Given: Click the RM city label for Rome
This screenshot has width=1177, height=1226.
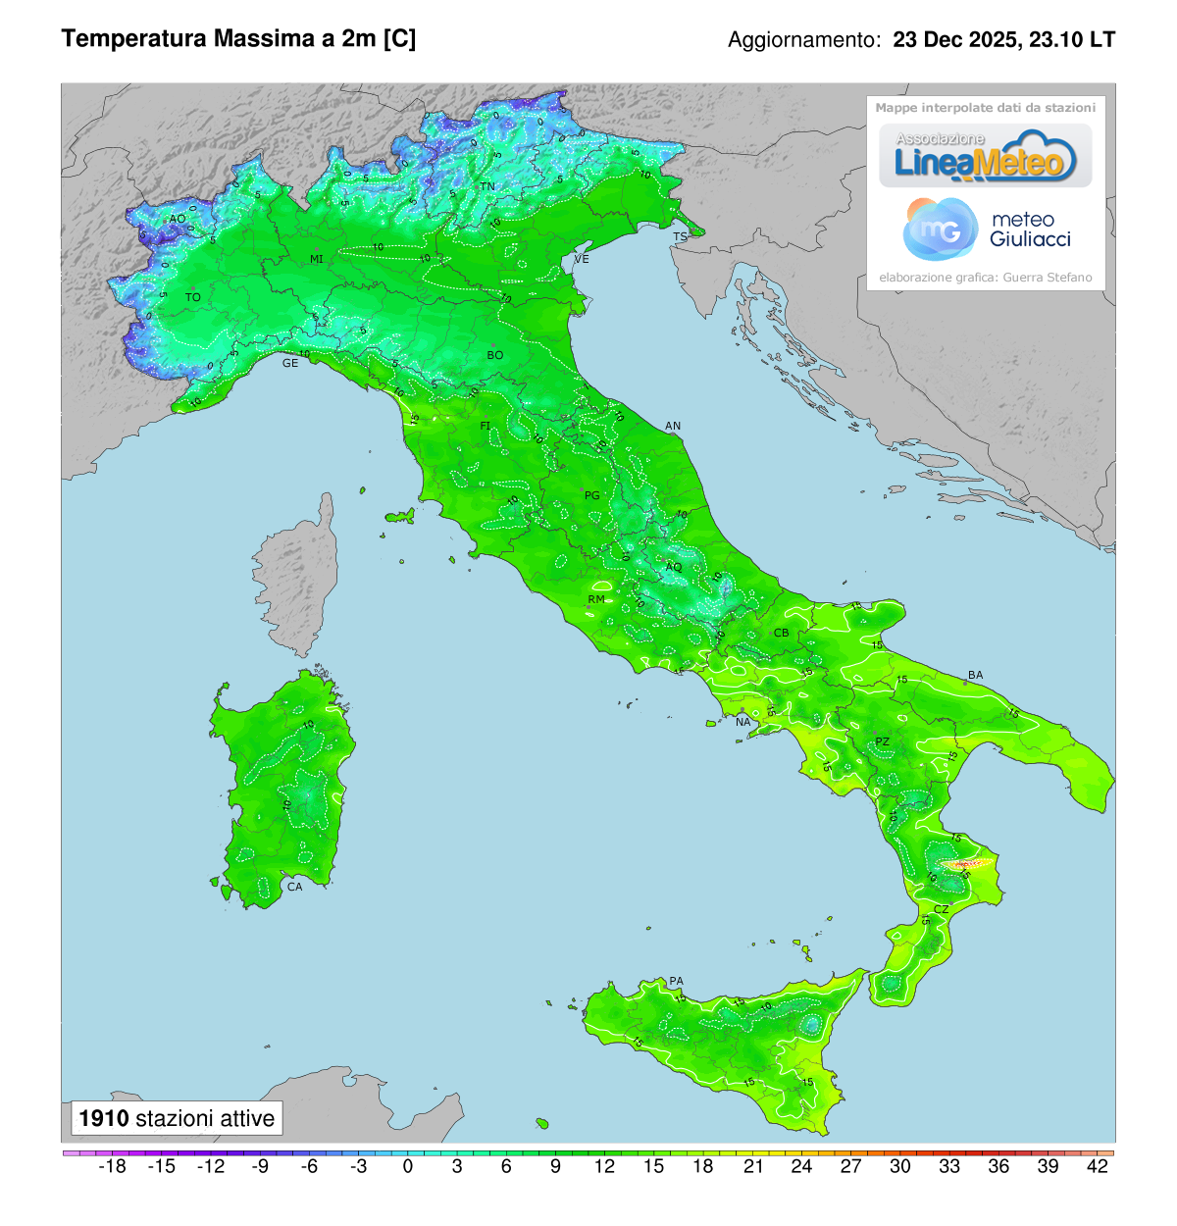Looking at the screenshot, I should point(596,599).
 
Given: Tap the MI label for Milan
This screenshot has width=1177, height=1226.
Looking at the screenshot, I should point(317,260).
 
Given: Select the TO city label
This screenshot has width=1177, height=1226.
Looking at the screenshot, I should point(193,297).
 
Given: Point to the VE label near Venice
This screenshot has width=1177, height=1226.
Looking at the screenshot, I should point(582,260).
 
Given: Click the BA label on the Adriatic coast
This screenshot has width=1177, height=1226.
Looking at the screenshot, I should point(975,676).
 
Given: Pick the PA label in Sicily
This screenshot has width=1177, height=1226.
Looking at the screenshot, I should point(676,982).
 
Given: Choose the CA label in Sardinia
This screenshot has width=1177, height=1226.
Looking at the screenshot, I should point(294,887).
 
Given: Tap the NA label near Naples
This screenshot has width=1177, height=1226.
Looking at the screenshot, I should point(742,723).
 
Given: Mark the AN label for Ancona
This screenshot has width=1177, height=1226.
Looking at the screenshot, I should point(673,427).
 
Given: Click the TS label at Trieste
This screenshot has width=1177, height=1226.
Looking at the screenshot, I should point(680,237).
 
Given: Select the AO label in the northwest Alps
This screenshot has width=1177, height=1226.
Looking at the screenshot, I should point(178,220).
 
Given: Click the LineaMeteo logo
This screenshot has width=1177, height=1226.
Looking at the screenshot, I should point(985,157).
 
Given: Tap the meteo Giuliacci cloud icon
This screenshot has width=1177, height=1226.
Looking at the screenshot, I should point(939,229).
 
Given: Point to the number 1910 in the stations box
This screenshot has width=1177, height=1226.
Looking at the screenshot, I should point(104,1119).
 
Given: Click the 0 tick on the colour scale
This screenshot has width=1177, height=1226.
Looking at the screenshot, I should point(408,1166).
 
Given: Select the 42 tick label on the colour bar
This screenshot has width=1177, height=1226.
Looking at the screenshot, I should point(1098,1166).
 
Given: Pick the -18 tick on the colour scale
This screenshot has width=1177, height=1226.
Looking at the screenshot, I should point(113,1166).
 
